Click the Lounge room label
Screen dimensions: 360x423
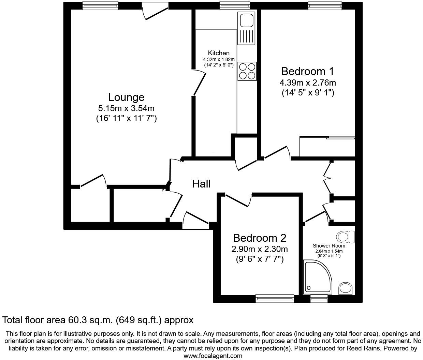126,97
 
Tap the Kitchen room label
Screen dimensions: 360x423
219,53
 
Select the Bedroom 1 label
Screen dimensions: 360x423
307,72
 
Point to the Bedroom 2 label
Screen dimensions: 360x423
259,238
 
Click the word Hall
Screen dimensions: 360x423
201,184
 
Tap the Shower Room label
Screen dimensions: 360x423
329,246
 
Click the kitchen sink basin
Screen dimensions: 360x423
246,20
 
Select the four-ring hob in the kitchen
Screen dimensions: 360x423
247,71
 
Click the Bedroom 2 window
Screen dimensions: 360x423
275,299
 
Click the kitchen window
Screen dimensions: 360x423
234,6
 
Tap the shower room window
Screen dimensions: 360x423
319,299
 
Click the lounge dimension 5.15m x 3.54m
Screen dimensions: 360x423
126,109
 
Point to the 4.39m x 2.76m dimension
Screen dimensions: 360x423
307,83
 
